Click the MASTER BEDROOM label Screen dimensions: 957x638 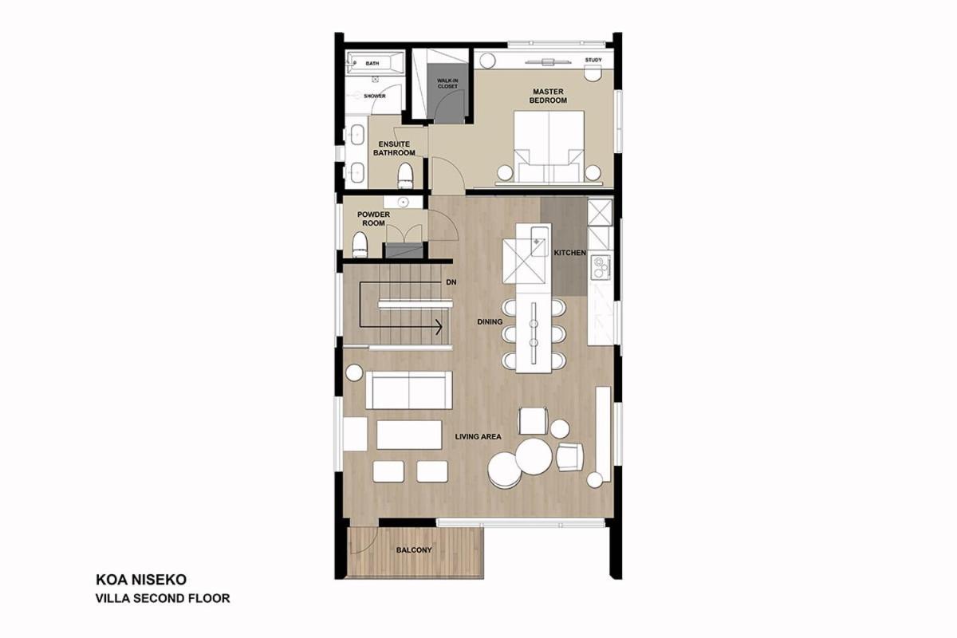pos(548,96)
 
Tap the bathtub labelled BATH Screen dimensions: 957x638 pos(375,63)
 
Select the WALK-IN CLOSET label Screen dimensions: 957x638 pos(447,83)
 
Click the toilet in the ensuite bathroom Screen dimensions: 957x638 pos(405,175)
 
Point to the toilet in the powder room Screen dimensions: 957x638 pos(360,245)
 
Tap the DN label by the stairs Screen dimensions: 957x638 pos(451,282)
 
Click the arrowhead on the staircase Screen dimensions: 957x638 pos(439,327)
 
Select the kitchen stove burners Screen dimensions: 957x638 pos(601,267)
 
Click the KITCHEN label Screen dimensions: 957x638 pos(570,253)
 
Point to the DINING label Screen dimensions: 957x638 pos(490,321)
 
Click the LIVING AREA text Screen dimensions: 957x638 pos(478,437)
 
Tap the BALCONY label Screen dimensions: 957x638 pos(414,550)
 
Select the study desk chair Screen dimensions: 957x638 pos(593,75)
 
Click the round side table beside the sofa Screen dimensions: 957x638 pos(354,372)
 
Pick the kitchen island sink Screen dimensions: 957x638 pos(539,242)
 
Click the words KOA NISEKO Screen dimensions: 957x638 pos(141,580)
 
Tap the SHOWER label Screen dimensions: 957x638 pos(375,96)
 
